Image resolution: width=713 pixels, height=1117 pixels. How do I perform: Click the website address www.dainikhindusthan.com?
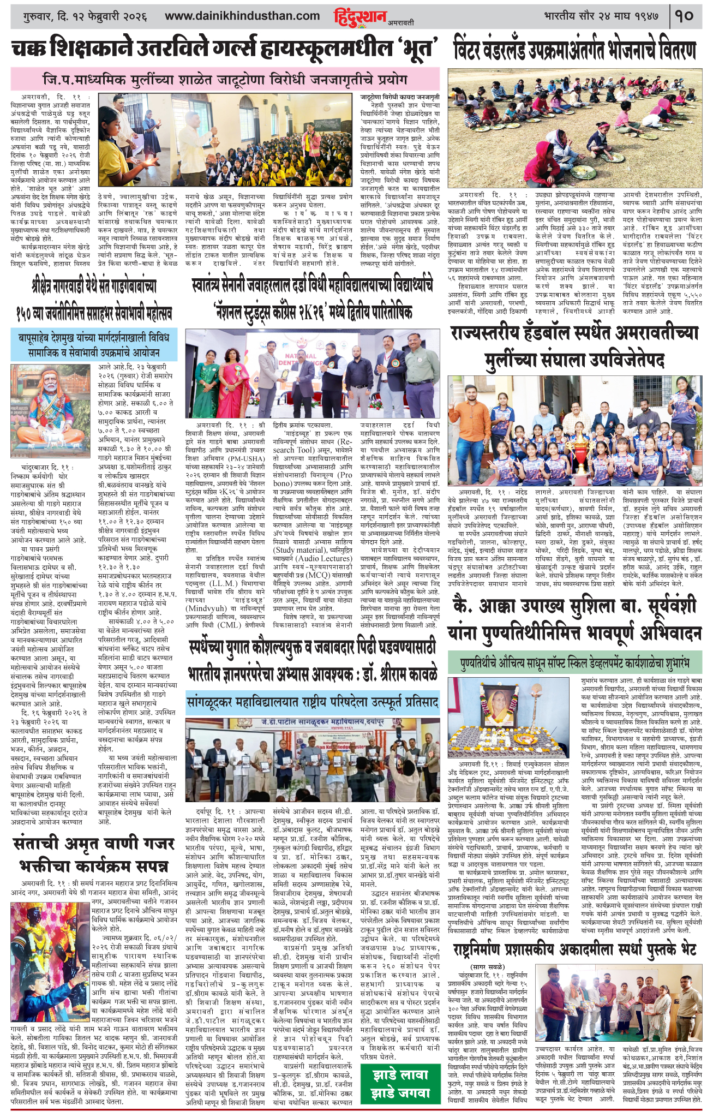point(242,16)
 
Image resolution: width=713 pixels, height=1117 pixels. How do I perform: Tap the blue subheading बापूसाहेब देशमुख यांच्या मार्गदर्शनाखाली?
point(94,343)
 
